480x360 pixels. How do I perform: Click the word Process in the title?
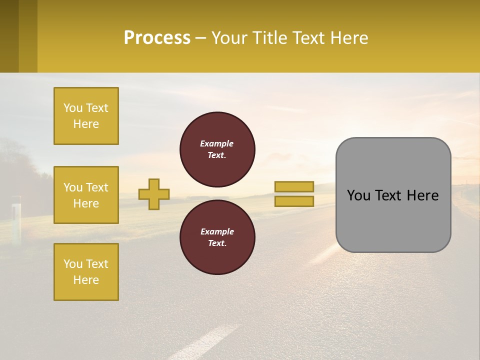click(157, 38)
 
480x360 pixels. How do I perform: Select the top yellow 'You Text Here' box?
click(86, 116)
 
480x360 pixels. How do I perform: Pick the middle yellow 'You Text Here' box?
click(86, 195)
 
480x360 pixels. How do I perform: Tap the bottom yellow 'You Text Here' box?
click(86, 271)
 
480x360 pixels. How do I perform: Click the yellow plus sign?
click(154, 194)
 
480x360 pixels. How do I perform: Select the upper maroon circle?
click(217, 149)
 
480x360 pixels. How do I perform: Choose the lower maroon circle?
click(217, 237)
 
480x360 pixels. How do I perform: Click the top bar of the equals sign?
click(294, 186)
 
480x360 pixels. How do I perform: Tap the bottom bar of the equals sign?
click(294, 201)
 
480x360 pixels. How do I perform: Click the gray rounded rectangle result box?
click(393, 220)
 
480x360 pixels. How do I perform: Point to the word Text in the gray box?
click(389, 195)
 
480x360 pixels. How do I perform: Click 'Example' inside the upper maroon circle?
click(216, 143)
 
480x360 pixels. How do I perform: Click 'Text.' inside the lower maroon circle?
click(216, 243)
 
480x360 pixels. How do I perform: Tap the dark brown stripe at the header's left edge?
click(9, 36)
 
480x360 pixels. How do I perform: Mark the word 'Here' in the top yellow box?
click(86, 124)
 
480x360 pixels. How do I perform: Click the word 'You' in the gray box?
click(358, 195)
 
